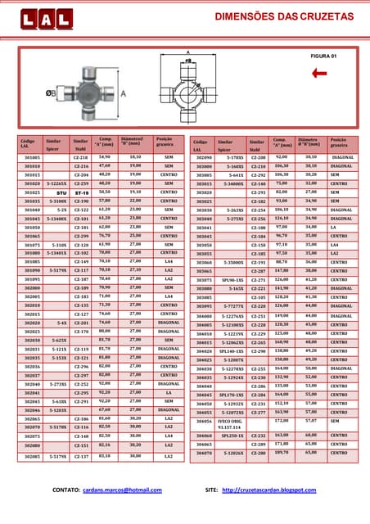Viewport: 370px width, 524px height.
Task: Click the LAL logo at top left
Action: point(41,17)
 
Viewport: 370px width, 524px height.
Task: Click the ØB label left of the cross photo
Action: point(52,93)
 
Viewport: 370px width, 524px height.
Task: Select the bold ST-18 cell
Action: point(81,192)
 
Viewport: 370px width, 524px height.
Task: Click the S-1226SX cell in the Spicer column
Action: point(56,183)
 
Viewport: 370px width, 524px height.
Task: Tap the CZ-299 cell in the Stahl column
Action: point(81,235)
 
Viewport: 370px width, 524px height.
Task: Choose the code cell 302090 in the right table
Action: point(204,156)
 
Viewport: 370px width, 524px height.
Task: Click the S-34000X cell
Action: point(232,183)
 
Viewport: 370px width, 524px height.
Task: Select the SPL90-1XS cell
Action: point(232,280)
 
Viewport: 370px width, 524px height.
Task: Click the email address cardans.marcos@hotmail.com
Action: point(123,490)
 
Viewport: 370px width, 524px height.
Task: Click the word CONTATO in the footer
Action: point(65,490)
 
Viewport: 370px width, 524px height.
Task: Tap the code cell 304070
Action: point(204,452)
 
